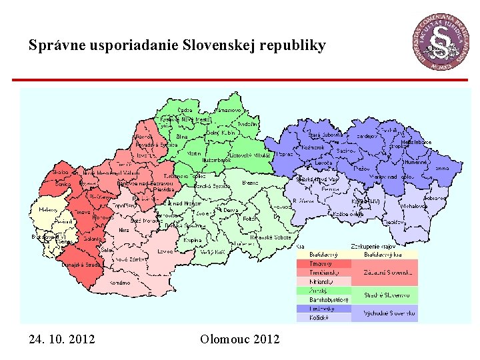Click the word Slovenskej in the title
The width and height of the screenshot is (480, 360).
[x=224, y=45]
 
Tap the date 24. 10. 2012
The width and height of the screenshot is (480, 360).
[x=62, y=340]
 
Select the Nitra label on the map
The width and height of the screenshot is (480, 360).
[x=123, y=231]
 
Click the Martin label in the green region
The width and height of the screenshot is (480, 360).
[x=194, y=153]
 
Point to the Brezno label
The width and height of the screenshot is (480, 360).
[x=250, y=182]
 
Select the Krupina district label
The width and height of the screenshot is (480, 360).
[x=192, y=239]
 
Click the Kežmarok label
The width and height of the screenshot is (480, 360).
[x=313, y=147]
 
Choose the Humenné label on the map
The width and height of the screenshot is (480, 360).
[x=418, y=161]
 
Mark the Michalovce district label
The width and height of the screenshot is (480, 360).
[x=415, y=207]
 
